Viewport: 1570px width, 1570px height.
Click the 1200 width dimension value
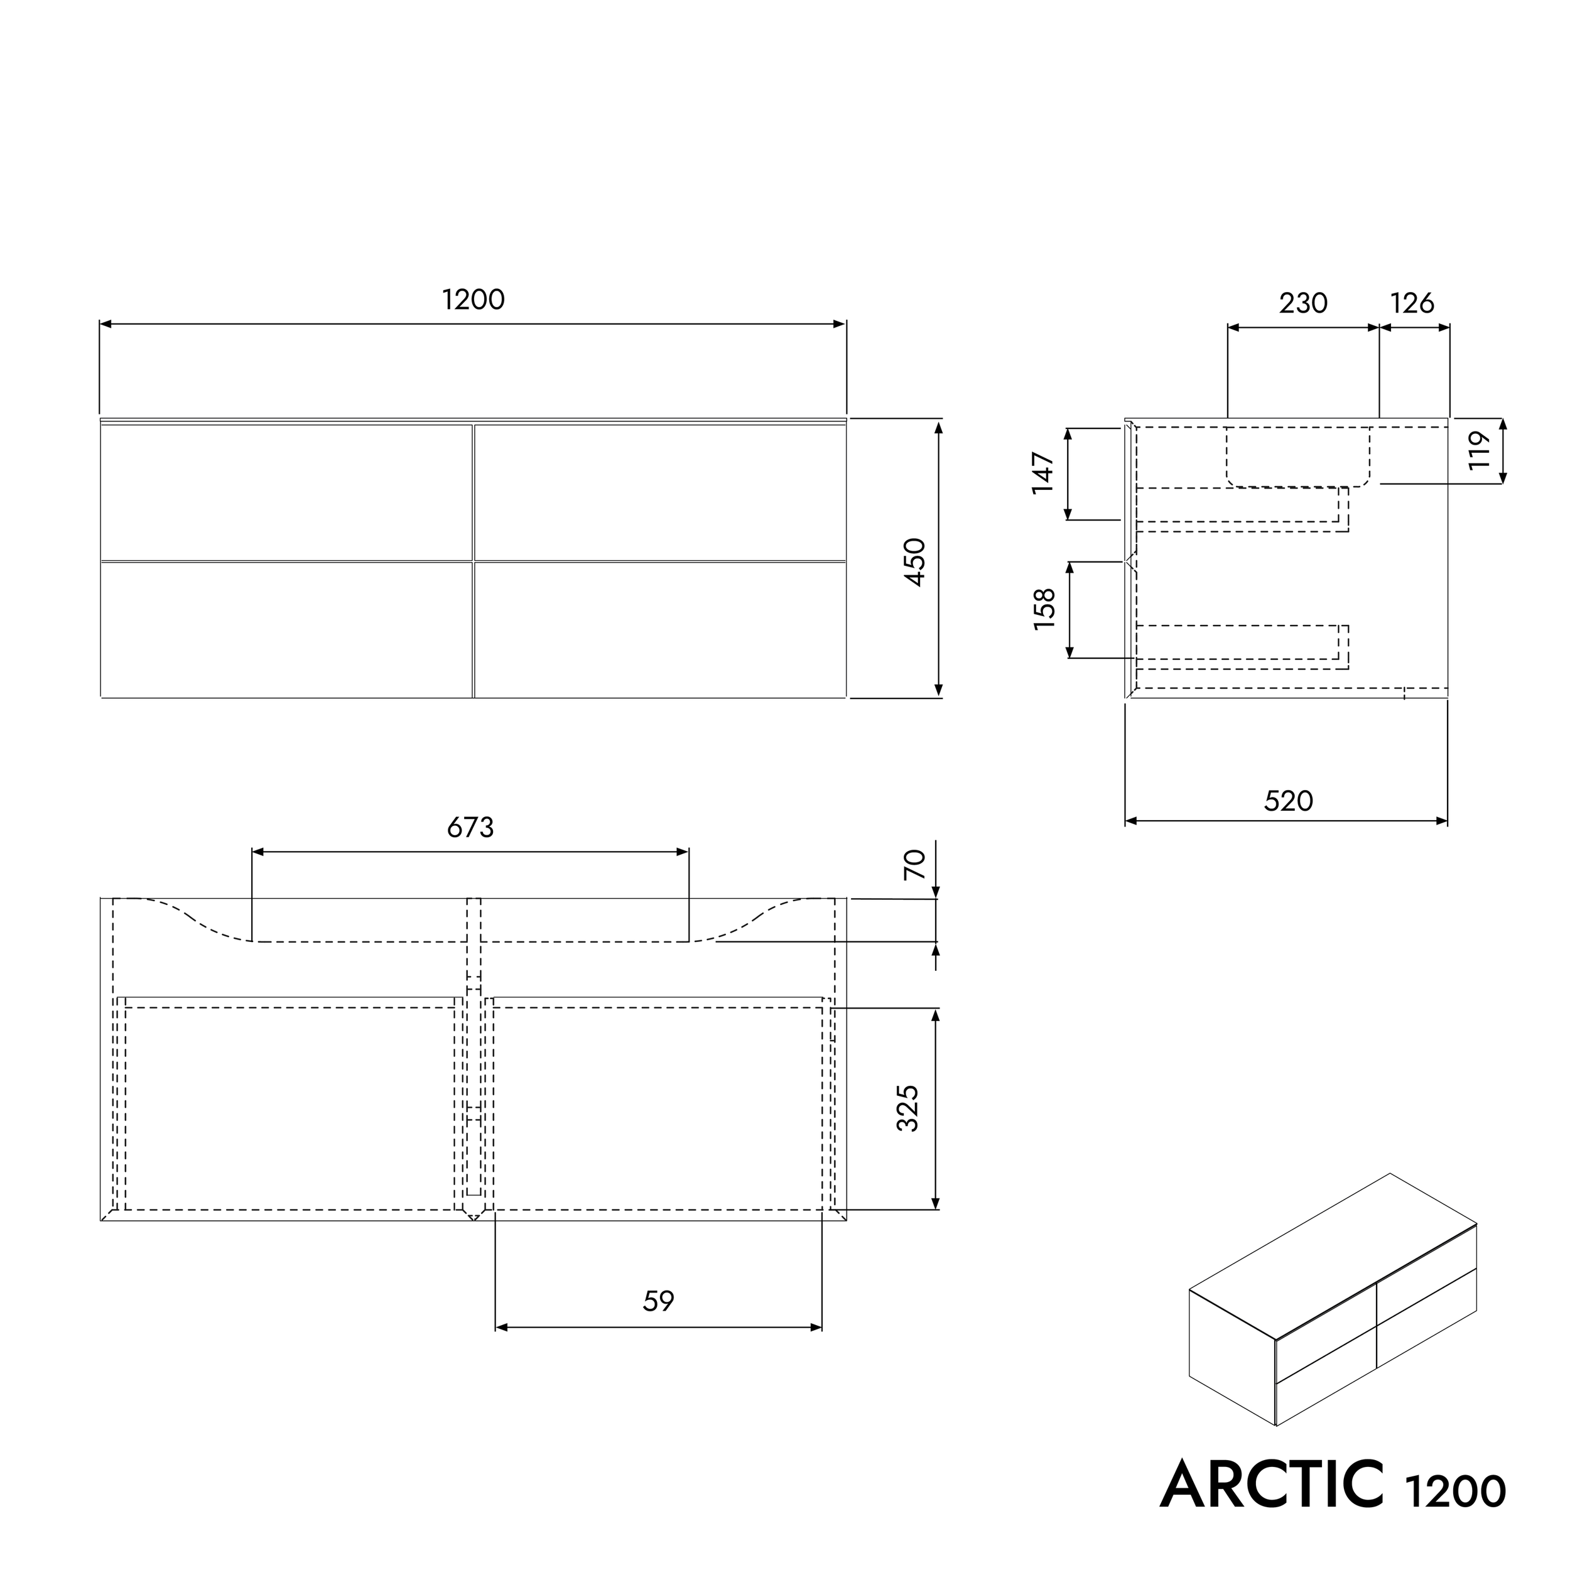click(x=473, y=300)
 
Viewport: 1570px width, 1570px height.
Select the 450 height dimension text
click(x=915, y=561)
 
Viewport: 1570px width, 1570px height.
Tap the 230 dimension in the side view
click(x=1302, y=303)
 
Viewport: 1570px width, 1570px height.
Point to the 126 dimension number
click(x=1412, y=303)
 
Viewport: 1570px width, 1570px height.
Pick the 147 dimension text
click(x=1042, y=472)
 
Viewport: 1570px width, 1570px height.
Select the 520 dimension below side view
click(x=1288, y=801)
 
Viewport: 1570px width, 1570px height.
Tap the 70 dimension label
click(x=915, y=864)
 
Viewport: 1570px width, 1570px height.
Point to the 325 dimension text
click(x=907, y=1108)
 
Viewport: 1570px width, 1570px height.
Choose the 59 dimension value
click(x=658, y=1301)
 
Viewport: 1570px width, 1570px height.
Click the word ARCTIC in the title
click(x=1271, y=1484)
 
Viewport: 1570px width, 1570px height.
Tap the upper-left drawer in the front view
click(x=286, y=492)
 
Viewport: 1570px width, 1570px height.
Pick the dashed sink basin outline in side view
click(x=1298, y=457)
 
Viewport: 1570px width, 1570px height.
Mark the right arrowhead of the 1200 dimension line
click(x=840, y=324)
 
